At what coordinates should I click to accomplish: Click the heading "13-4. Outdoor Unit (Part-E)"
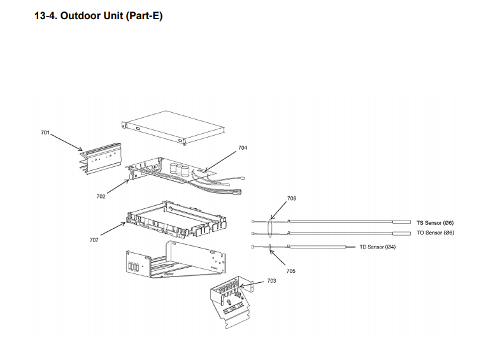(98, 16)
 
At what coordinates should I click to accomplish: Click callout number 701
(45, 132)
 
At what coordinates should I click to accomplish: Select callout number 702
(101, 197)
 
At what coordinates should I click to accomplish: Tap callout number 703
(271, 280)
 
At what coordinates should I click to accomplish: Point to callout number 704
(243, 148)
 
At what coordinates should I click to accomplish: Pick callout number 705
(290, 271)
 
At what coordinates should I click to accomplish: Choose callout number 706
(292, 198)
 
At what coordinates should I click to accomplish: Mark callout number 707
(94, 240)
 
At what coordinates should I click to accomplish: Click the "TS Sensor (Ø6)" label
(435, 222)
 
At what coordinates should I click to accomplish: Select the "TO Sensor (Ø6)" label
(435, 233)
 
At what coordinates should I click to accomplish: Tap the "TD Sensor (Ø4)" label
(378, 247)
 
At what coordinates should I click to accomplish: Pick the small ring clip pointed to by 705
(270, 246)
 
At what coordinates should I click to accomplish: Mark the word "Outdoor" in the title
(82, 16)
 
